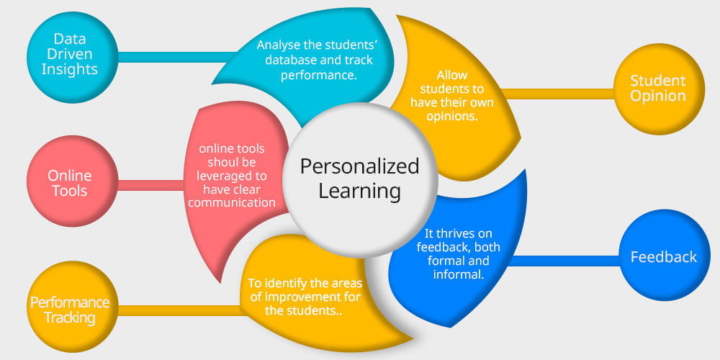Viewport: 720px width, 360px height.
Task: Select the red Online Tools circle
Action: click(x=69, y=183)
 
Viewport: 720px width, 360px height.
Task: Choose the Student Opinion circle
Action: click(x=657, y=88)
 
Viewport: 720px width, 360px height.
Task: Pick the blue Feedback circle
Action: click(x=663, y=256)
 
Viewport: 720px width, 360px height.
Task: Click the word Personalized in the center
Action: click(x=359, y=166)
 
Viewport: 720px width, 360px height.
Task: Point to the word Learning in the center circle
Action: click(x=359, y=191)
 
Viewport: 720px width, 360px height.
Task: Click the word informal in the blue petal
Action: click(x=458, y=274)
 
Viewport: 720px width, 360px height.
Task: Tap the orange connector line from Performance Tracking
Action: click(x=180, y=310)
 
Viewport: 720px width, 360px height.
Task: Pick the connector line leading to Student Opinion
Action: click(x=554, y=94)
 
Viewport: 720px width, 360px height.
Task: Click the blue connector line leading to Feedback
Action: click(x=562, y=261)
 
